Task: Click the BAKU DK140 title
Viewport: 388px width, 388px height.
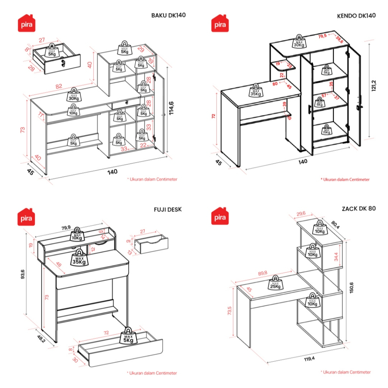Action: click(169, 16)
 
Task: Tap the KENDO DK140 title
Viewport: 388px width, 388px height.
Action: click(356, 16)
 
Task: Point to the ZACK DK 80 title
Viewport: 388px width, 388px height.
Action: click(358, 208)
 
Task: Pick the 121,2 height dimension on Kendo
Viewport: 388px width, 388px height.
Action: click(374, 89)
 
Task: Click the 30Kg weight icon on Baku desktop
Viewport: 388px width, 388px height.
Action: click(73, 94)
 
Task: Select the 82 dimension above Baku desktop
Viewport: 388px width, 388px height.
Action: click(59, 87)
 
